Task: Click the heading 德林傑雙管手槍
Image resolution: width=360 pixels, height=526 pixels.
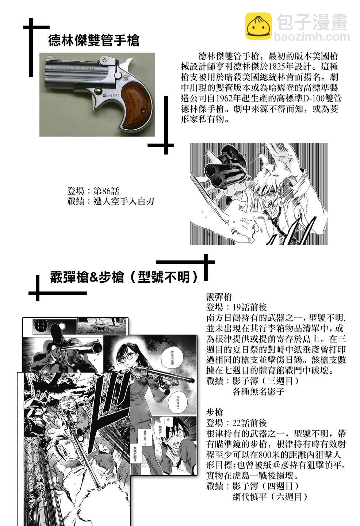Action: click(93, 41)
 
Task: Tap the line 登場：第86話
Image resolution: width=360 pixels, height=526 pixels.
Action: click(93, 191)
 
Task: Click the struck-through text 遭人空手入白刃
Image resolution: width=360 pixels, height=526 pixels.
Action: click(124, 201)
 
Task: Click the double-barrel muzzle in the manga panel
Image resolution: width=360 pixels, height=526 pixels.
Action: click(214, 173)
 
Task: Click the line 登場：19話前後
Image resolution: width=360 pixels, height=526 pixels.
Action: click(236, 307)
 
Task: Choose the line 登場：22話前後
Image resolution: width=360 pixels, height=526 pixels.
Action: click(236, 423)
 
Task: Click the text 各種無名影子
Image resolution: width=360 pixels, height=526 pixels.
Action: click(258, 392)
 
